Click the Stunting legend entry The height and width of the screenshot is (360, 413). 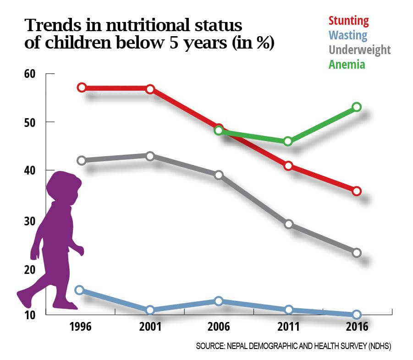point(348,21)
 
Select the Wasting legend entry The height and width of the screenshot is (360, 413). point(347,35)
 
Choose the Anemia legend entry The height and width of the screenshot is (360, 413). point(347,64)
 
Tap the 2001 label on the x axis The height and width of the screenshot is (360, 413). point(150,328)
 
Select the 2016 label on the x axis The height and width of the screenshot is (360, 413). point(357,328)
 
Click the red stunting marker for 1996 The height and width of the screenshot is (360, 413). point(82,87)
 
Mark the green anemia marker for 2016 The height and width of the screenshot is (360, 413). point(357,107)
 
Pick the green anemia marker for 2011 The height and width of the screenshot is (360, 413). point(288,141)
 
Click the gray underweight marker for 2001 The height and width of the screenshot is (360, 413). point(150,156)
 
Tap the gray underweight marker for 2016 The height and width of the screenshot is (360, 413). point(357,253)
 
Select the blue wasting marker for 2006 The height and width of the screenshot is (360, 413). point(219,301)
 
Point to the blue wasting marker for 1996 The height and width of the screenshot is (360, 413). point(79,290)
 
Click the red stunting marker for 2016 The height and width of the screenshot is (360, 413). point(357,191)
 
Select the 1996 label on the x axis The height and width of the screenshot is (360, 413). point(82,328)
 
